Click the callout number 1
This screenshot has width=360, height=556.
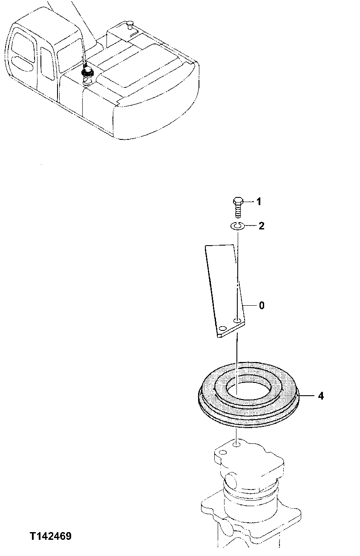258,202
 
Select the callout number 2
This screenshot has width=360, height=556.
262,226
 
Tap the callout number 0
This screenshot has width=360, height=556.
262,305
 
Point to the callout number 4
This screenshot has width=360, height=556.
320,396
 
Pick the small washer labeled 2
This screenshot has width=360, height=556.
238,226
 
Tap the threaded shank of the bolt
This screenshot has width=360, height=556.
238,210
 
